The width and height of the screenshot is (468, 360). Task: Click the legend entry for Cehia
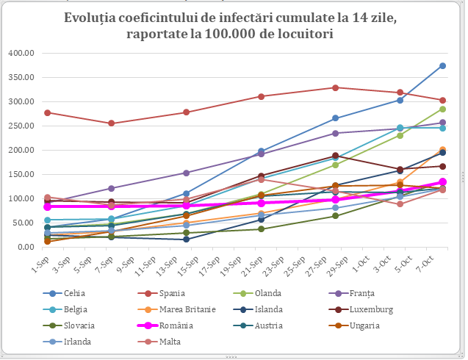74,292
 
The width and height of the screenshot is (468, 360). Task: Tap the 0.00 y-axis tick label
27,247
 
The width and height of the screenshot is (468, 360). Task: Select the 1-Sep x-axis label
37,262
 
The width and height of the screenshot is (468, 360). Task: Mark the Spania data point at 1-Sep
47,112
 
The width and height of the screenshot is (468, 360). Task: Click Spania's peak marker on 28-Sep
335,87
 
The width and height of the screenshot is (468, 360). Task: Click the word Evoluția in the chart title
96,18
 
